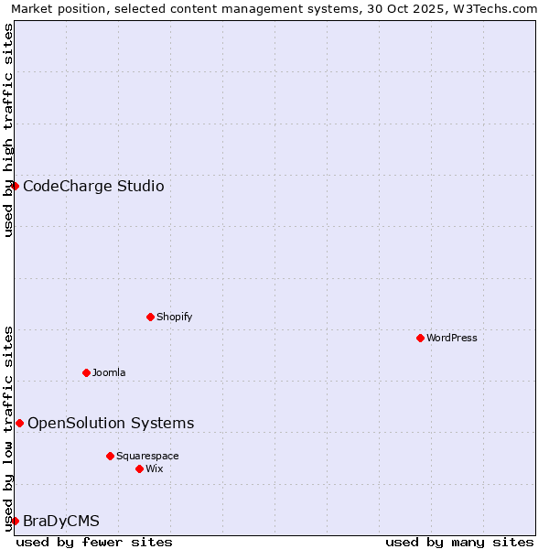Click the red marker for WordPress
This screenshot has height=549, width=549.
coord(420,338)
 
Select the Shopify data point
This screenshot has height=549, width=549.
coord(150,317)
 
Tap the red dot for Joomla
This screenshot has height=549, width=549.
coord(86,372)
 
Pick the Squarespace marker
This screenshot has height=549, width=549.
coord(110,456)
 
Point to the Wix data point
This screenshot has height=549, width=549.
coord(139,468)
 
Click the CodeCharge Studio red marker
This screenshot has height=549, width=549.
coord(15,186)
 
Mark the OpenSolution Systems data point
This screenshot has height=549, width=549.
coord(19,423)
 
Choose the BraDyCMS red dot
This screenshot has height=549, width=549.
coord(15,521)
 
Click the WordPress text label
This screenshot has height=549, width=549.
coord(452,338)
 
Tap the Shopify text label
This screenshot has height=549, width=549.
coord(175,317)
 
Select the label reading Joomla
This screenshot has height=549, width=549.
coord(109,372)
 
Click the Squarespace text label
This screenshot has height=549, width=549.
coord(147,456)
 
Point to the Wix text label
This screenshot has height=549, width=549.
coord(155,468)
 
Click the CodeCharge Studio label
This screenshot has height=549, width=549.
coord(93,187)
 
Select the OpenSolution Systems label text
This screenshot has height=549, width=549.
coord(111,423)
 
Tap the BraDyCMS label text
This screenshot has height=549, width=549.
coord(61,522)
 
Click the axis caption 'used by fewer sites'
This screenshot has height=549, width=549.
coord(94,542)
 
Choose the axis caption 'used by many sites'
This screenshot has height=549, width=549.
coord(459,542)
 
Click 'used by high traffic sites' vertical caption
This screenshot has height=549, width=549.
coord(8,130)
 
